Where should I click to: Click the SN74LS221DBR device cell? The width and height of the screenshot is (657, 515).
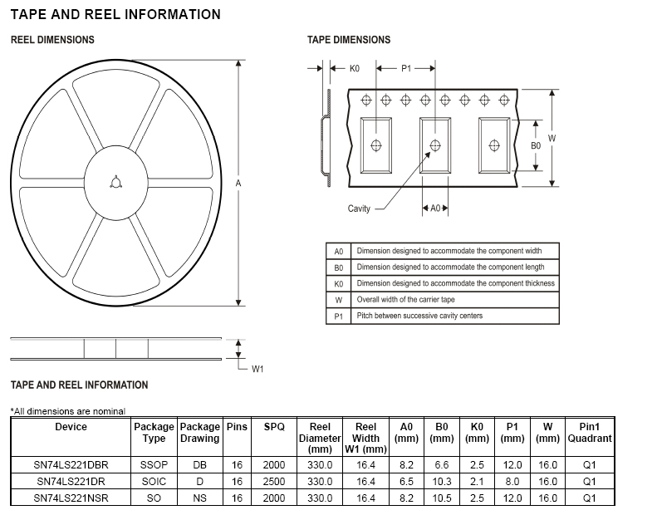[71, 465]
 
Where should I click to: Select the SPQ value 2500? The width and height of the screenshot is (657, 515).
[273, 481]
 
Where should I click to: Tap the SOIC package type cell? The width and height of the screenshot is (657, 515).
[154, 481]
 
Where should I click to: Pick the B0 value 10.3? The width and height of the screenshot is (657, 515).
[442, 481]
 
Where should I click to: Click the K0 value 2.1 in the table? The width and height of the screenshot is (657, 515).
[477, 481]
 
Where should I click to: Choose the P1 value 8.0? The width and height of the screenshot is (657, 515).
[512, 481]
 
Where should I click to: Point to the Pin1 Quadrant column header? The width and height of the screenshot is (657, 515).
[589, 432]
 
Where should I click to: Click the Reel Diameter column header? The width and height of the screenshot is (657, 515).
[320, 437]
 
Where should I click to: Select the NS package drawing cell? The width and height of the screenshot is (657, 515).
[199, 498]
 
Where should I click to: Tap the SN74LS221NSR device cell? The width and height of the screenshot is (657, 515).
[71, 498]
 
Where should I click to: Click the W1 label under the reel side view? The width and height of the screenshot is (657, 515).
[257, 369]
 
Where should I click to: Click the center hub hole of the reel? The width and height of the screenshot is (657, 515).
[115, 183]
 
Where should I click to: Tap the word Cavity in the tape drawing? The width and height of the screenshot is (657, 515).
[359, 208]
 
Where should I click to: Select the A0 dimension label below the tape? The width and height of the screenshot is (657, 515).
[435, 208]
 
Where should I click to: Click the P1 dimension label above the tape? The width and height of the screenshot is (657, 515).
[407, 68]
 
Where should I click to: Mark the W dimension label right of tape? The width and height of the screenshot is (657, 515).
[552, 138]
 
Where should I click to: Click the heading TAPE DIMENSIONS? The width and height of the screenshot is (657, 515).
[348, 40]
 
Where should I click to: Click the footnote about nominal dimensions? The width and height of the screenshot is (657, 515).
[67, 410]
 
